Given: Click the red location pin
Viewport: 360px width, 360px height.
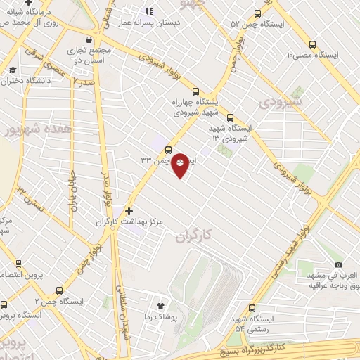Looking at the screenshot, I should click(181, 165).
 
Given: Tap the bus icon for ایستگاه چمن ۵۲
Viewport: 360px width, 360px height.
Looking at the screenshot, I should click(257, 13).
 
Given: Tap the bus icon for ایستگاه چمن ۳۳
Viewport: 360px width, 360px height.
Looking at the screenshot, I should click(168, 150).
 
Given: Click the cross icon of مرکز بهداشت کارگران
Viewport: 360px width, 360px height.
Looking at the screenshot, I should click(128, 210).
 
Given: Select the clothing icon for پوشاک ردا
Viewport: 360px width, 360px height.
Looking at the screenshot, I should click(160, 306).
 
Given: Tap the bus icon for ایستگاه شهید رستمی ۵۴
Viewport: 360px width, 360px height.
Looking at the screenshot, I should click(252, 308).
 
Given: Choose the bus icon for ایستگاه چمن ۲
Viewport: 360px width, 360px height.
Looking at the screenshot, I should click(59, 290).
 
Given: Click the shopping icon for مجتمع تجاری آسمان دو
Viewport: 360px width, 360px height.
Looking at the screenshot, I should click(88, 39).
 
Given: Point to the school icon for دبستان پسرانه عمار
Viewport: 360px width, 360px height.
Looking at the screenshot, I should click(148, 11).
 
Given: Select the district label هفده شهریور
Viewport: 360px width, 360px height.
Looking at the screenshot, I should click(29, 131).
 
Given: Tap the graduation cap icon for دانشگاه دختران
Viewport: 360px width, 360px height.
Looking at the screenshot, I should click(13, 70).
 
